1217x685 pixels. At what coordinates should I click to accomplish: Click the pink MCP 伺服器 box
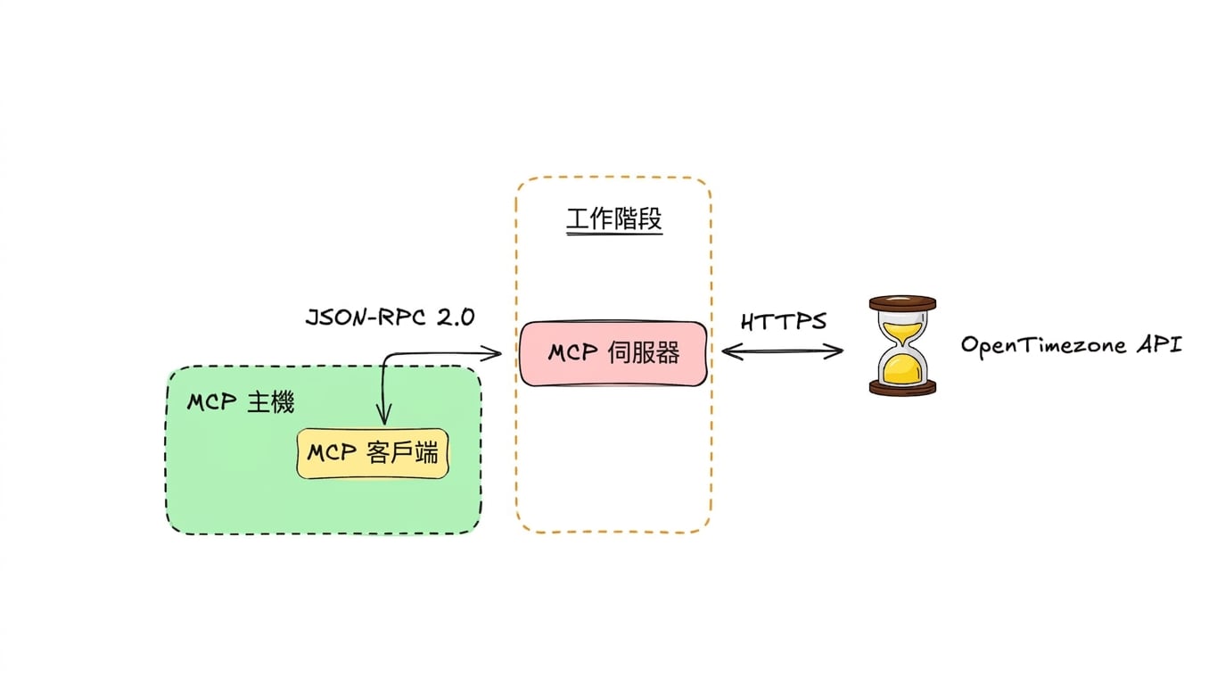coord(613,353)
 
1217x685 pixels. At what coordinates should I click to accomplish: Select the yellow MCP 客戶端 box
coord(373,453)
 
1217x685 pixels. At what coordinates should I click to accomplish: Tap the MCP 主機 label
coord(240,403)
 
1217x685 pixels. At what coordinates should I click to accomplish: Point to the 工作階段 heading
coord(614,219)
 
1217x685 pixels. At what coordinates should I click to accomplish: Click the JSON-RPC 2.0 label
coord(391,318)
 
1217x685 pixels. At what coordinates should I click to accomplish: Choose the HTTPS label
coord(784,321)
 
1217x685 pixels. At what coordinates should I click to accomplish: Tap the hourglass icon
coord(902,345)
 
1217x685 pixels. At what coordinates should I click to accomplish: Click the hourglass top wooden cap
coord(902,303)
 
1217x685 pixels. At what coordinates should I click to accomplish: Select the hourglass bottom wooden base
coord(902,387)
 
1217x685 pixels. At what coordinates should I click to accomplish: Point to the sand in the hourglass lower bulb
coord(902,369)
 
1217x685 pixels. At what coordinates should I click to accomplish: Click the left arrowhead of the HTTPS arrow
coord(731,351)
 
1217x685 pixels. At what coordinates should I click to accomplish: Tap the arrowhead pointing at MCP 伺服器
coord(492,354)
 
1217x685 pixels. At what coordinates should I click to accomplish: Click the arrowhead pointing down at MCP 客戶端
coord(384,416)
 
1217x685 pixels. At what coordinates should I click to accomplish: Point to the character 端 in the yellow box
coord(425,453)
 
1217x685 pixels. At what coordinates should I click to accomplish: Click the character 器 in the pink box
coord(667,353)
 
